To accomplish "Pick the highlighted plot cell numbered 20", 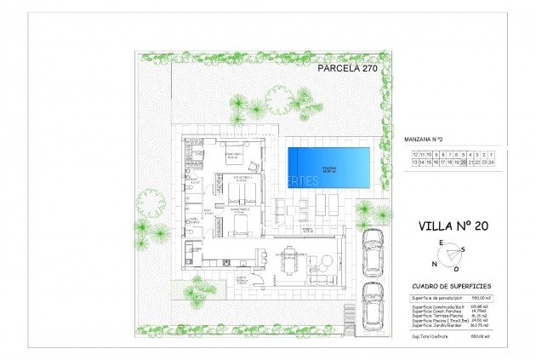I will point(463,160).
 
